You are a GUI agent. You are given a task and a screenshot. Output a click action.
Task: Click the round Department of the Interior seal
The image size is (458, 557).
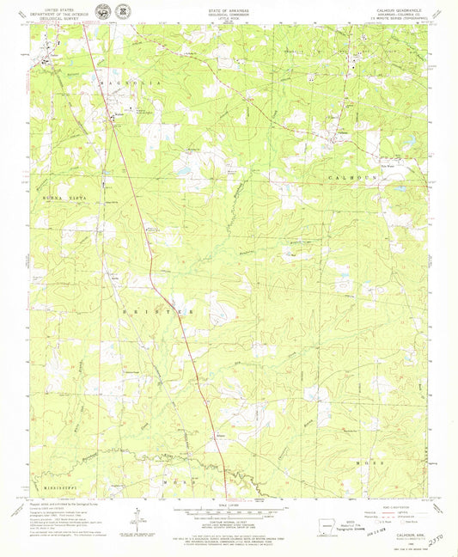(x=103, y=12)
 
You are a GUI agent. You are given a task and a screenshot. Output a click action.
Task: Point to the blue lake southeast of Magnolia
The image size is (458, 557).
(x=183, y=170)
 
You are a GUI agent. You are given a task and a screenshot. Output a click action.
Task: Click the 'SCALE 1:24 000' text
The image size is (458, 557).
(x=229, y=504)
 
